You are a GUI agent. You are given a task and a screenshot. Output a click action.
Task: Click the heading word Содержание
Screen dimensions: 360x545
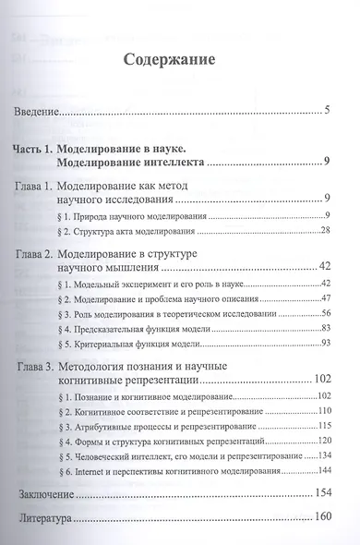point(169,62)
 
